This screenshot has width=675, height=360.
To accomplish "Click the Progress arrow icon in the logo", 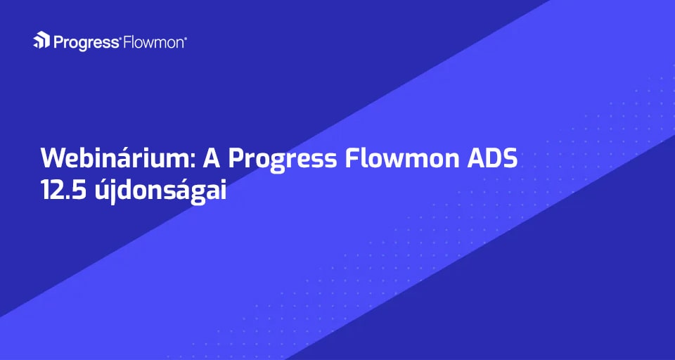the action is coord(41,40).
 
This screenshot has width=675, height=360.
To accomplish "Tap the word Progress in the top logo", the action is coord(86,43).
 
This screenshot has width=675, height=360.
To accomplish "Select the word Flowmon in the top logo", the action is coord(153,42).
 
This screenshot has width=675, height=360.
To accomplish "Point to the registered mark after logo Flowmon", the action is coord(186,38).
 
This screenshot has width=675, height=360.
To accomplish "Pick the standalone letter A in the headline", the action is coord(211,160).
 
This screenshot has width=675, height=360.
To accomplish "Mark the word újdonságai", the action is coord(157,192).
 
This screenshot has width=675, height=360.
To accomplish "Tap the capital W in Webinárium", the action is coord(54,160).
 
